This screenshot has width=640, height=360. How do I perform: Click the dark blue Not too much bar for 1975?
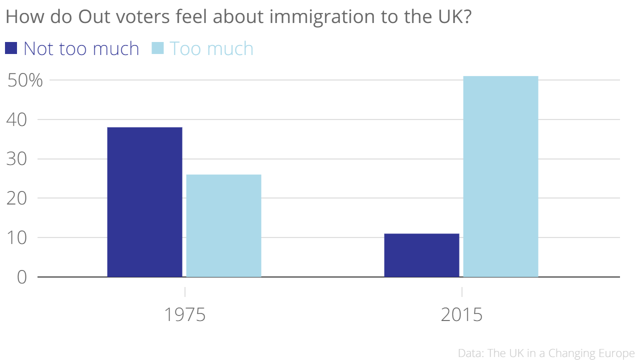pos(144,202)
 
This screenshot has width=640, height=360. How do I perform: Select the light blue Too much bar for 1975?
pos(223,225)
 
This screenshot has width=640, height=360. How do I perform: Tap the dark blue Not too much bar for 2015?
pos(421,255)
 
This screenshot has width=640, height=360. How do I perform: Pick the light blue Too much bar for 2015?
pos(500,176)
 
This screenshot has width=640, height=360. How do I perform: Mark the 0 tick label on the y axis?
pos(21,277)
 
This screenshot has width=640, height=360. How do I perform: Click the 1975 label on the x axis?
pos(185,315)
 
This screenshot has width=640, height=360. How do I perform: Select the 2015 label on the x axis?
pos(461,315)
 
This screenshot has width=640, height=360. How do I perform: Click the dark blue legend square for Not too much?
pos(11,48)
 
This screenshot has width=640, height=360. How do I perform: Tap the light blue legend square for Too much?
pos(157,48)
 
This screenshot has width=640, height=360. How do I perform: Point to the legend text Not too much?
pos(81,48)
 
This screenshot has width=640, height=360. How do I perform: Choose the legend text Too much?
pos(211,48)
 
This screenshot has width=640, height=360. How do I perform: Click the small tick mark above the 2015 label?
pos(461,291)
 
